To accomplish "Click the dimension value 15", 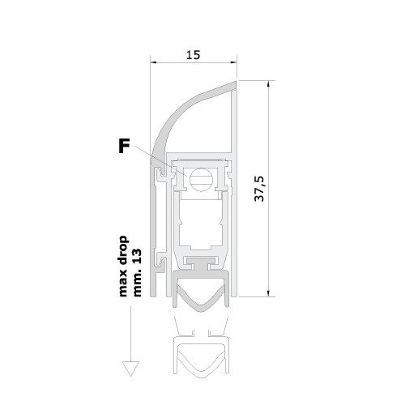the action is pos(194,55).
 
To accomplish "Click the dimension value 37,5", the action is pos(260,189).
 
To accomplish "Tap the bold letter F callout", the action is pos(124,146).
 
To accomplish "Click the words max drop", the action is pos(123,266).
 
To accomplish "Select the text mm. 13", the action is pos(138,273).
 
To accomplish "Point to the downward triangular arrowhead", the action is pos(130,369).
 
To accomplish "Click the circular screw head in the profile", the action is pos(201,180).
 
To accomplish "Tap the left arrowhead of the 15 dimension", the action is pos(153,62).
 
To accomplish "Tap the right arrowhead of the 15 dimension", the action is pos(234,62).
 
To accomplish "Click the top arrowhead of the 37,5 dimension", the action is pos(268,83).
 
